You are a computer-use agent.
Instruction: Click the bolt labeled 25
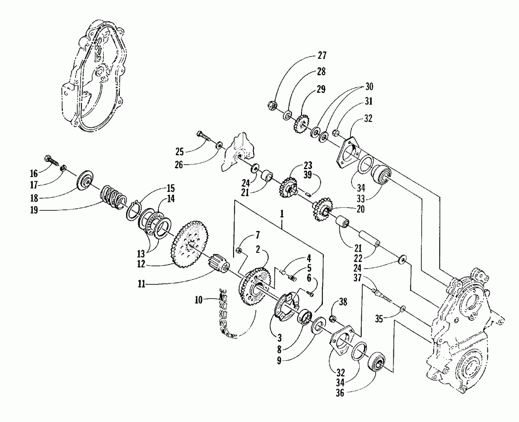point(204,138)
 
